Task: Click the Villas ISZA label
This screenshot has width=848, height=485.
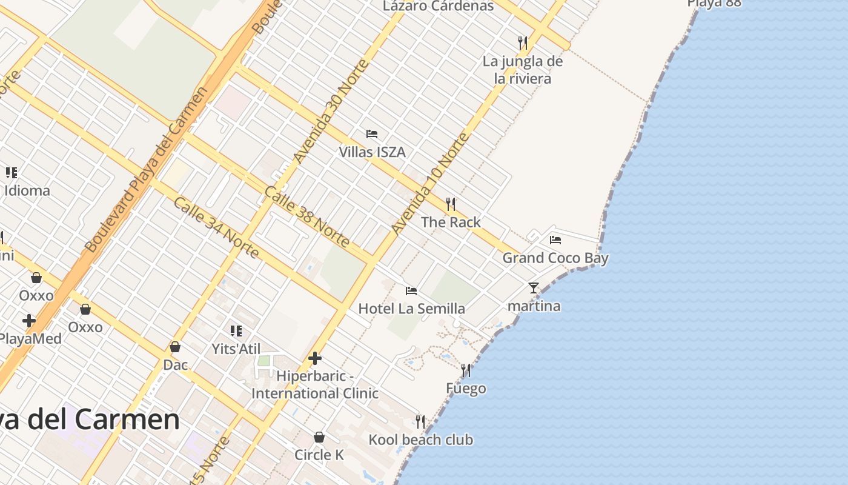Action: pyautogui.click(x=372, y=152)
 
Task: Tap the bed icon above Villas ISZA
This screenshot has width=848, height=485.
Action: pyautogui.click(x=372, y=134)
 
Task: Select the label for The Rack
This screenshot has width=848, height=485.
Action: pyautogui.click(x=451, y=222)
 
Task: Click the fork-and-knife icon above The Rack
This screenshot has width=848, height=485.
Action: pyautogui.click(x=451, y=204)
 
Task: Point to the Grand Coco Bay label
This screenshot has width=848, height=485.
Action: pyautogui.click(x=555, y=258)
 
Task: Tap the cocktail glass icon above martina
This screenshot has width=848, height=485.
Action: pyautogui.click(x=534, y=288)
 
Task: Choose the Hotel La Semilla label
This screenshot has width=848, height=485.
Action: pyautogui.click(x=412, y=309)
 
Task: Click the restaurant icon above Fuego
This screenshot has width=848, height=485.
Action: pyautogui.click(x=466, y=370)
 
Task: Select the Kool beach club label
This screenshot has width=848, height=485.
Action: pyautogui.click(x=421, y=440)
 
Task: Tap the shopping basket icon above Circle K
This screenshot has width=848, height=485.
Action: pyautogui.click(x=319, y=437)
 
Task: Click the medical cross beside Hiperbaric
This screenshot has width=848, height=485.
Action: pyautogui.click(x=315, y=358)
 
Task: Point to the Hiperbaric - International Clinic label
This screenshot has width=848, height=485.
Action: pyautogui.click(x=315, y=385)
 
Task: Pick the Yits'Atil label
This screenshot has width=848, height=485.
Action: pyautogui.click(x=236, y=349)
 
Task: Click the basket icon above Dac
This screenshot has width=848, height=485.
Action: pyautogui.click(x=175, y=347)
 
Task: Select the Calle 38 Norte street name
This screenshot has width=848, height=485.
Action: pyautogui.click(x=307, y=217)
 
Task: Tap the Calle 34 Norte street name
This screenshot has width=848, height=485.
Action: pyautogui.click(x=216, y=227)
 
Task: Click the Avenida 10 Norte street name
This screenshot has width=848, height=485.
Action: pyautogui.click(x=430, y=184)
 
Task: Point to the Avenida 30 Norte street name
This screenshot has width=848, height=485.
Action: pyautogui.click(x=331, y=112)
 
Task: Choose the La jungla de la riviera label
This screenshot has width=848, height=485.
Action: pyautogui.click(x=523, y=70)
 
